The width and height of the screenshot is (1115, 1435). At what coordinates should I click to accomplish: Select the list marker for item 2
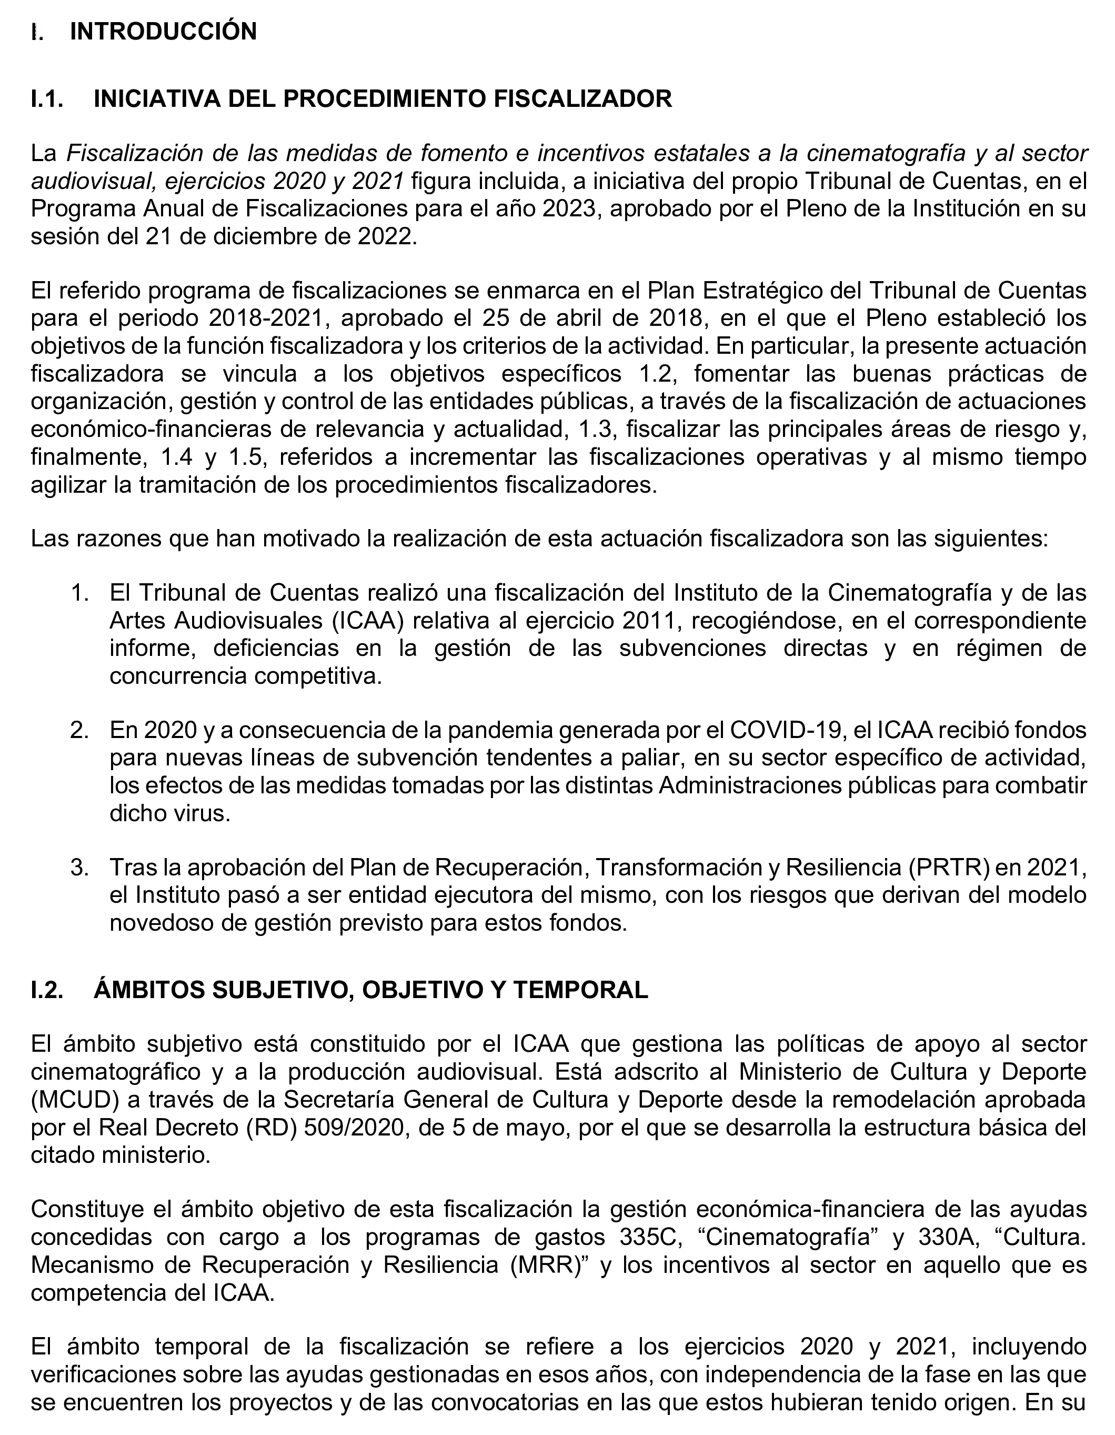79,730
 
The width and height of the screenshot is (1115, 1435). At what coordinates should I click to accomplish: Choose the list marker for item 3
79,868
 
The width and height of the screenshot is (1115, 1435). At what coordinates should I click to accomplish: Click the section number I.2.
47,990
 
